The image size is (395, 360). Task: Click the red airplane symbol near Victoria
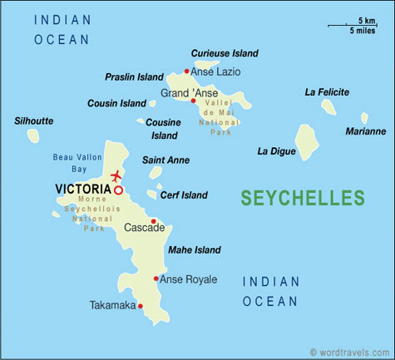coord(115,176)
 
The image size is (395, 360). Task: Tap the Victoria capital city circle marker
coord(118,190)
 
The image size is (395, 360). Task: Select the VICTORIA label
coord(82,190)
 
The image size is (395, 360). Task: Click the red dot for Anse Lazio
coord(186,72)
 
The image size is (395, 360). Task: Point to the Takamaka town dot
coord(141,306)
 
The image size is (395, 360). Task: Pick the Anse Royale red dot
coord(156,279)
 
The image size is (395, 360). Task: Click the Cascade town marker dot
coord(153,221)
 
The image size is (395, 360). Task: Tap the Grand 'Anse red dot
coord(193,101)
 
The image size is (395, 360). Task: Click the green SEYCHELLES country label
coord(302,198)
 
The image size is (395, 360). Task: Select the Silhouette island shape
coord(33,135)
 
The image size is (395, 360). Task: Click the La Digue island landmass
coord(308,143)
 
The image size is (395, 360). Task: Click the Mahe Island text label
coord(195,249)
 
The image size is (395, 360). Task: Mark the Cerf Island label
coord(183,195)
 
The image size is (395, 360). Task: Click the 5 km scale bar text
coord(366,20)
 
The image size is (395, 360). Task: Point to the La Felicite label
coord(326,91)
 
